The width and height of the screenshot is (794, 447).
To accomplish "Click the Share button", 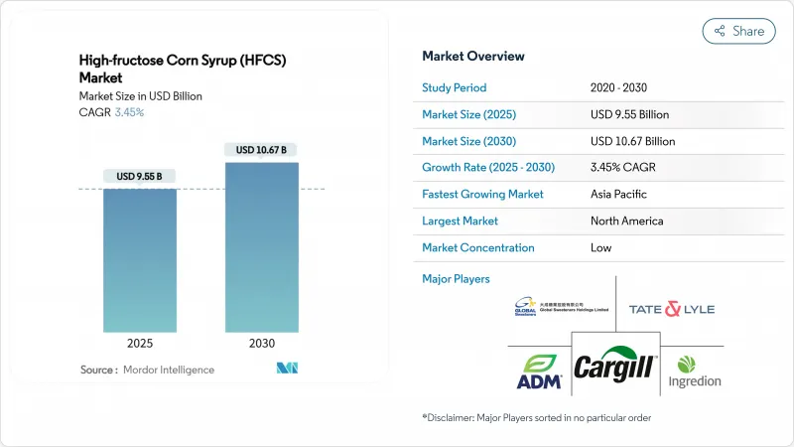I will (739, 31).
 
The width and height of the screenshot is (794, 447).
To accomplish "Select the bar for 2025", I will (140, 260).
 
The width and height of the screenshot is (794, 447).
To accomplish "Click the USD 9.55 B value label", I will (140, 177).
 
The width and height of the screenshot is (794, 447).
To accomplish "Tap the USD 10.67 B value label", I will (261, 150).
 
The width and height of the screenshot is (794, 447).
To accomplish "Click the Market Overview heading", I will (473, 57).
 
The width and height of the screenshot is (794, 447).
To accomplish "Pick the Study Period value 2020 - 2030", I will (620, 86).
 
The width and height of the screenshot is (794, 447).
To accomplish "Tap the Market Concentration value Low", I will (601, 247).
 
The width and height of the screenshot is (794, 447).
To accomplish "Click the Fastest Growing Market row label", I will (482, 194).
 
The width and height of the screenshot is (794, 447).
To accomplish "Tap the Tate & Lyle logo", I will (671, 309).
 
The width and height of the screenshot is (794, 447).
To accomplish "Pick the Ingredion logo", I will (694, 371).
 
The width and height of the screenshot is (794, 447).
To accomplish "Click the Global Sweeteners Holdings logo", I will (549, 307).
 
